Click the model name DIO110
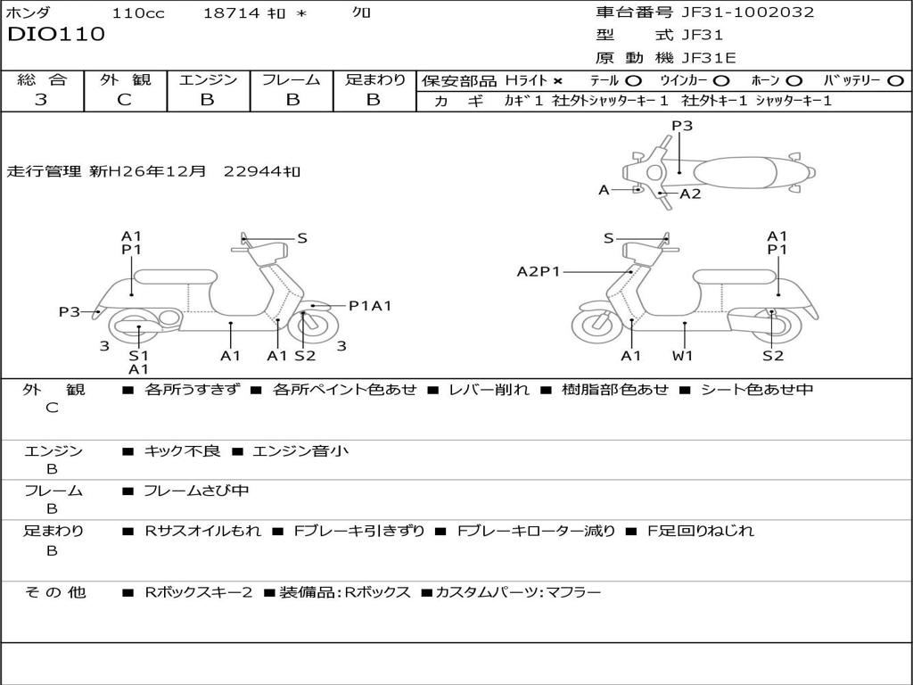click(x=56, y=35)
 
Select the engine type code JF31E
click(x=709, y=59)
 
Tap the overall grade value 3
click(x=41, y=100)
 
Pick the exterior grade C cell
click(x=124, y=100)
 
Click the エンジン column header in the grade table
click(x=208, y=80)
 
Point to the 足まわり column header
click(x=374, y=80)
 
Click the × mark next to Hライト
click(x=557, y=81)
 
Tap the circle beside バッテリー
click(x=895, y=81)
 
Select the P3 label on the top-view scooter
click(x=682, y=126)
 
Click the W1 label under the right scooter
click(x=683, y=356)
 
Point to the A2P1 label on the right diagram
click(x=539, y=271)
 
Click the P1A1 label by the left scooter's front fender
click(x=370, y=306)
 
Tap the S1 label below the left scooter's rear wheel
click(x=138, y=355)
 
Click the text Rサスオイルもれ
click(x=203, y=531)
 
